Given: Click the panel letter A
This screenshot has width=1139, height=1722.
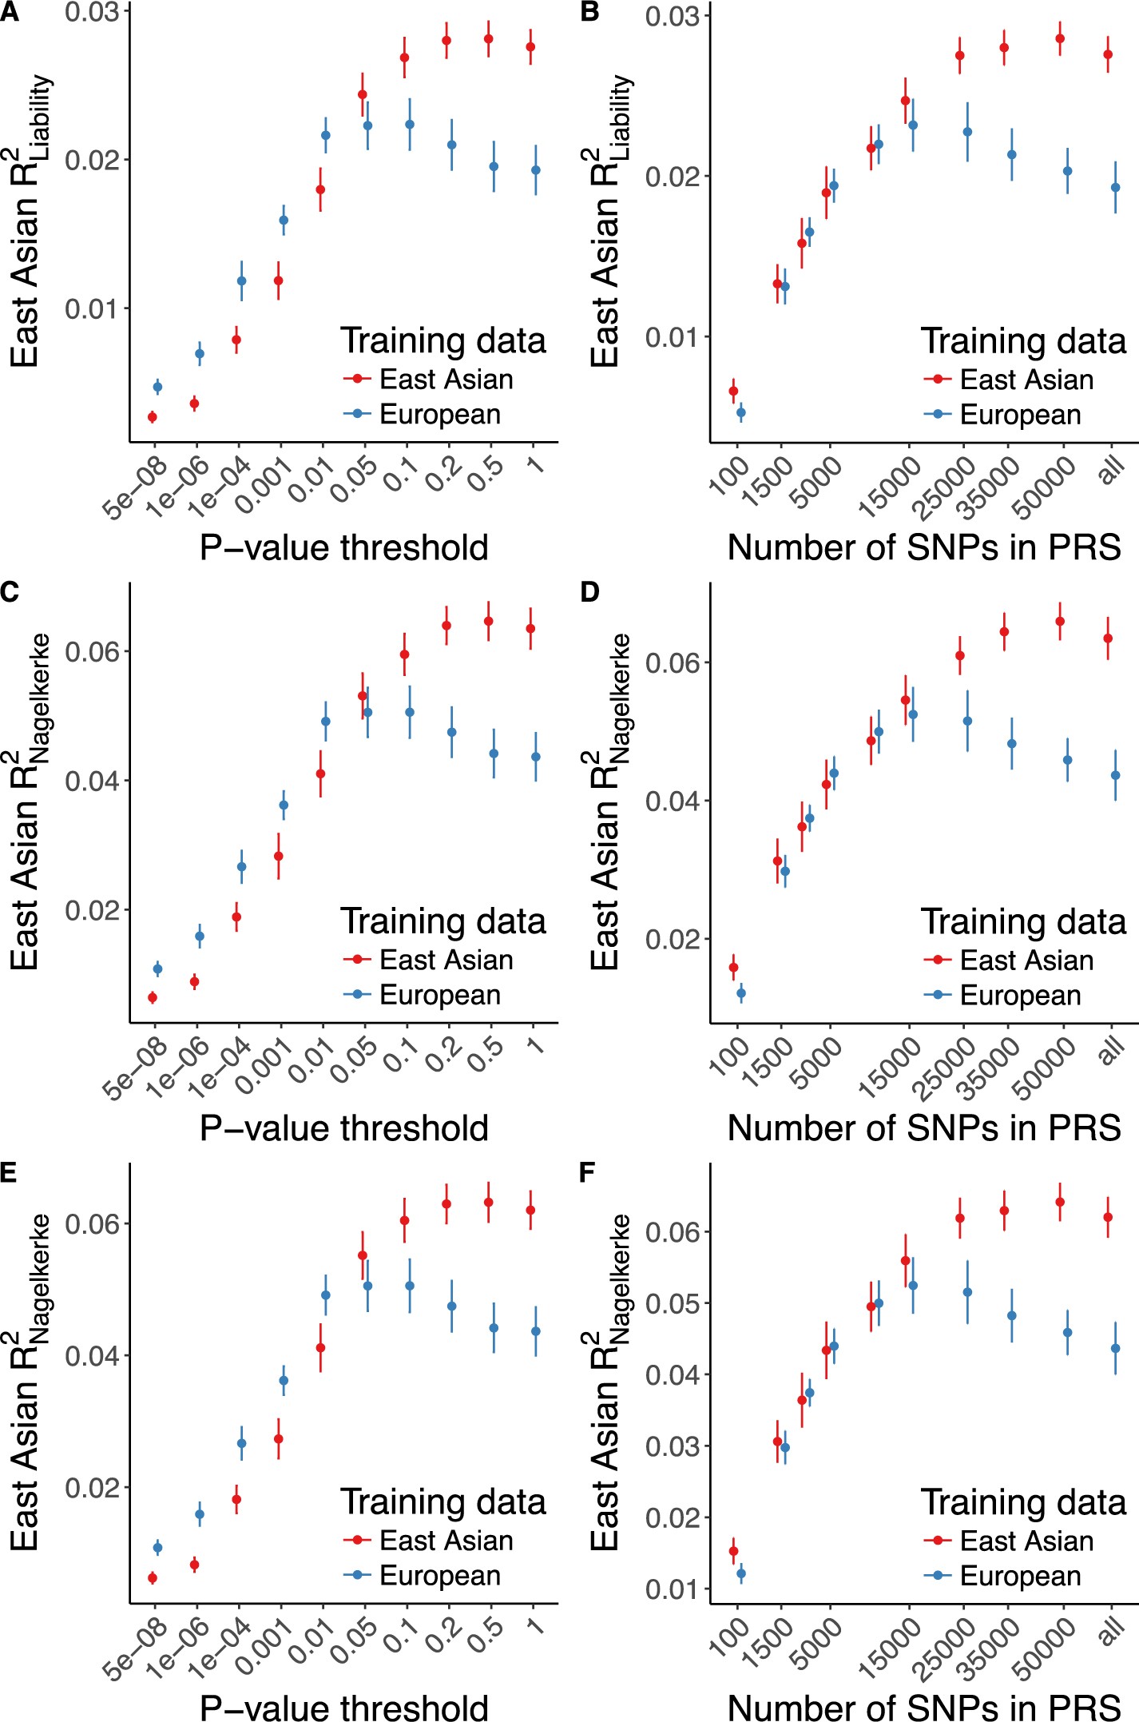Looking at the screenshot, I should click(x=9, y=14).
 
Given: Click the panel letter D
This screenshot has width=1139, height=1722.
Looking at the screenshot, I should click(x=589, y=592).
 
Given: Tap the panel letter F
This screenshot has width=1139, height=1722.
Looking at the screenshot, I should click(x=587, y=1173).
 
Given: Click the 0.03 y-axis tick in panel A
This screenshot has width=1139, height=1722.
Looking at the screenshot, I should click(x=92, y=13).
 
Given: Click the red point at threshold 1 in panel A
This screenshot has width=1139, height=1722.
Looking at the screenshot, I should click(x=530, y=47).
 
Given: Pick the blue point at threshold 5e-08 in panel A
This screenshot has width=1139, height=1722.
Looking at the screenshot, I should click(x=157, y=387).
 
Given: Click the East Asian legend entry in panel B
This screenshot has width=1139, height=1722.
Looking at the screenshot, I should click(x=1026, y=380).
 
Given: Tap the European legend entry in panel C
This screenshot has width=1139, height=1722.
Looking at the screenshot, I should click(x=439, y=995).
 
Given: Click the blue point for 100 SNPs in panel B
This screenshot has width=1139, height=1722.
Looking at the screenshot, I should click(x=741, y=413).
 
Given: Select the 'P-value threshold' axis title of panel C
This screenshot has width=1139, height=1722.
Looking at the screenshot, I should click(x=343, y=1128).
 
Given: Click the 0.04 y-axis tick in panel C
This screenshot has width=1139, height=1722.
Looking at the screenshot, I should click(x=92, y=781).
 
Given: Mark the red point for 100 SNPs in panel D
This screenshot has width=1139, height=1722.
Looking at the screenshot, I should click(x=733, y=968).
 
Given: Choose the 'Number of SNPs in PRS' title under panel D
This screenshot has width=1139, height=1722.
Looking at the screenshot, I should click(x=924, y=1128).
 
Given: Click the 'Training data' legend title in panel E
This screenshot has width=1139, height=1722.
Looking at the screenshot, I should click(x=443, y=1501).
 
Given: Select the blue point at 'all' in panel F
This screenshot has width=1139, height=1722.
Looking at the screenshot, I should click(x=1116, y=1348).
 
